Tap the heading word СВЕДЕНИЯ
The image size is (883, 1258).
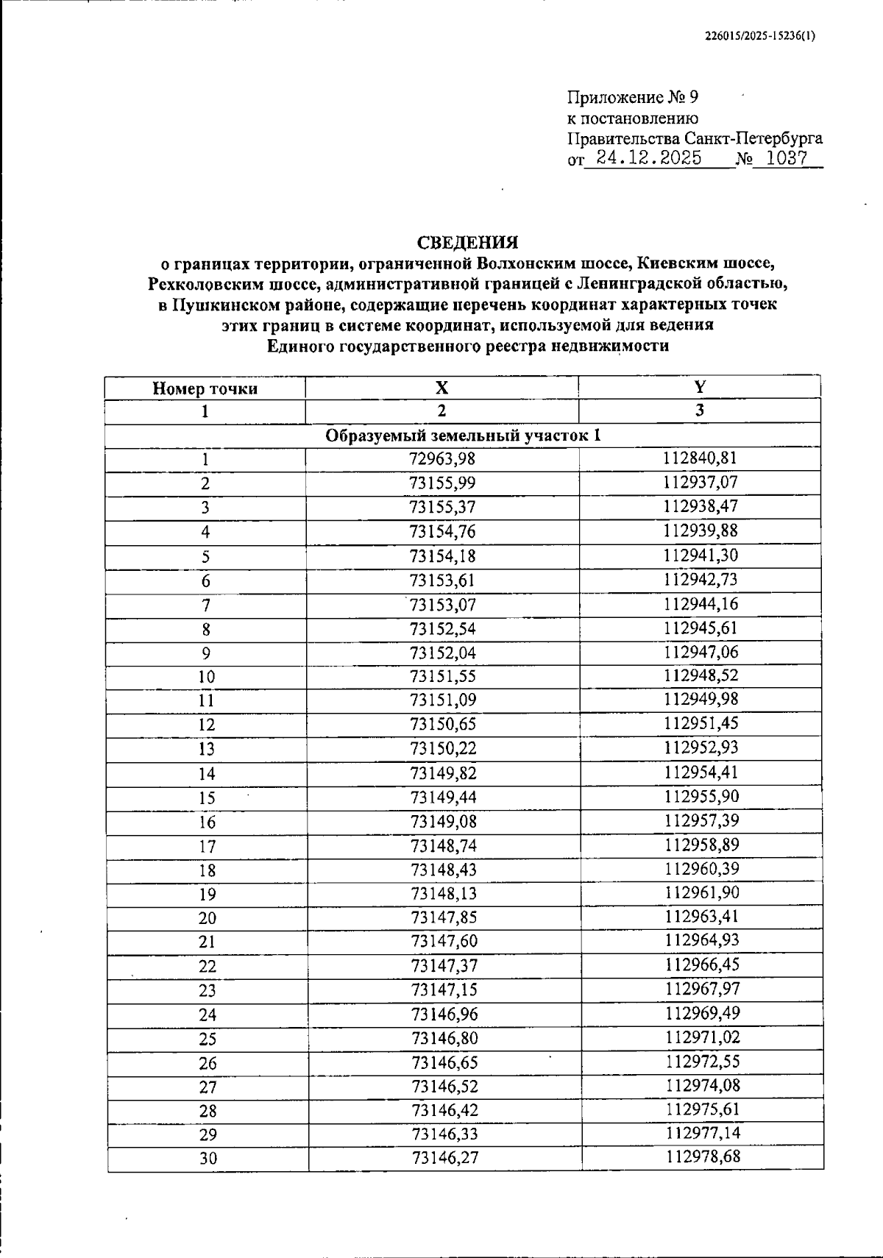pos(467,242)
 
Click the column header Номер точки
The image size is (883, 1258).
pos(205,388)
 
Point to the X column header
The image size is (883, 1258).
pos(441,388)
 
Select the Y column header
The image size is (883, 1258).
pos(700,387)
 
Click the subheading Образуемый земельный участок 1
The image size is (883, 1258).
pos(464,436)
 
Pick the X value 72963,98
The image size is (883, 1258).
pos(442,459)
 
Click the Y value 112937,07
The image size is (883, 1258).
pos(700,483)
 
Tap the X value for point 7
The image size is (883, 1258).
pos(443,605)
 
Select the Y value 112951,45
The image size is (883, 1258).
pos(701,723)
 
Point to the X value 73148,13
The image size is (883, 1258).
pos(444,893)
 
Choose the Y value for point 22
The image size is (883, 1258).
pos(702,964)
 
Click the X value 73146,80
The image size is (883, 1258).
pos(444,1038)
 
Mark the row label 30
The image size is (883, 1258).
pos(208,1159)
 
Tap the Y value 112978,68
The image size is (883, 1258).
pos(703,1157)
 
